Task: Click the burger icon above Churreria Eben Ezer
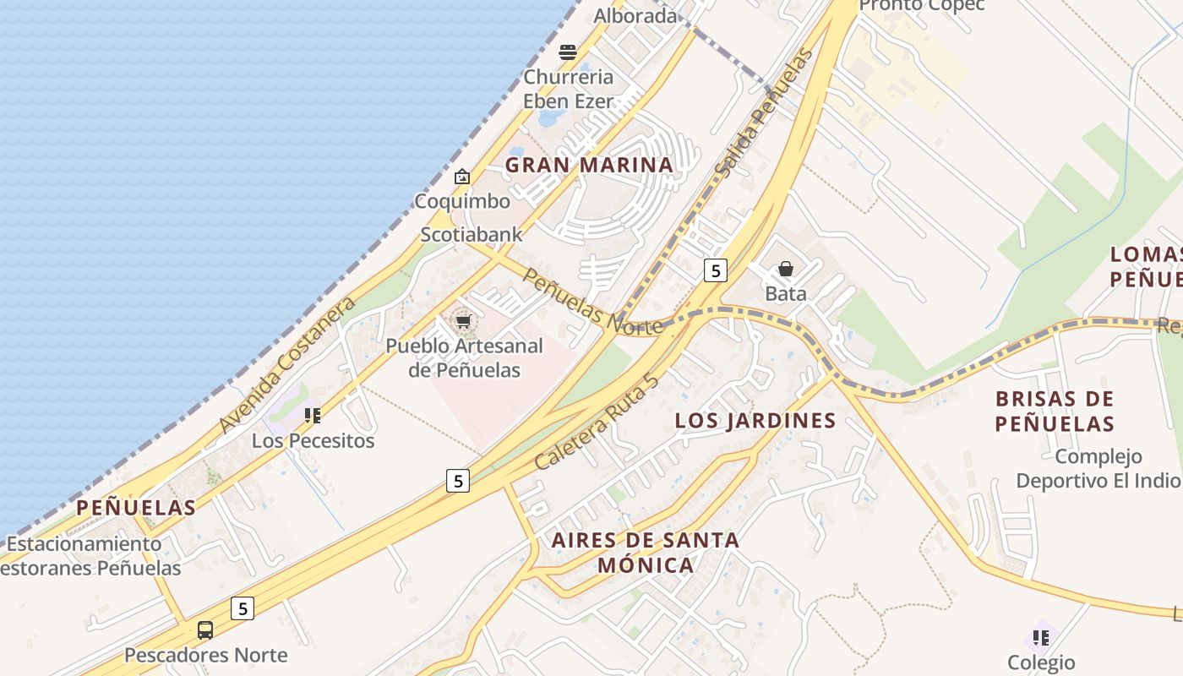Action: click(x=567, y=52)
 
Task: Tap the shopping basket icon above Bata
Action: click(x=786, y=269)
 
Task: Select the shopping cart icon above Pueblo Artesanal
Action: click(x=463, y=321)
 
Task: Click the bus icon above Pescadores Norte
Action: click(x=205, y=630)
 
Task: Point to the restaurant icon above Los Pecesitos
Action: click(x=313, y=416)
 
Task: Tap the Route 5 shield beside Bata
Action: click(x=716, y=270)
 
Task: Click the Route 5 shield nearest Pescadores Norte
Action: click(x=243, y=608)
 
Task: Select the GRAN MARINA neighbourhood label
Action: click(x=590, y=166)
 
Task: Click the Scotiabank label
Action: click(x=472, y=234)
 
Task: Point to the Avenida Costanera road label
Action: click(x=286, y=365)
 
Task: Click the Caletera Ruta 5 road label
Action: click(x=595, y=421)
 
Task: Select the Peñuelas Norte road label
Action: click(x=591, y=302)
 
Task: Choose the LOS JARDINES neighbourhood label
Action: click(x=755, y=421)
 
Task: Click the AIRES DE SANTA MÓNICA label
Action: click(x=646, y=552)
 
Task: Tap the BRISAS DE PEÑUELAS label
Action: click(x=1055, y=411)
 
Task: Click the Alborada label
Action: click(x=635, y=16)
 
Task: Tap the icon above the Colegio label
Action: click(x=1041, y=636)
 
